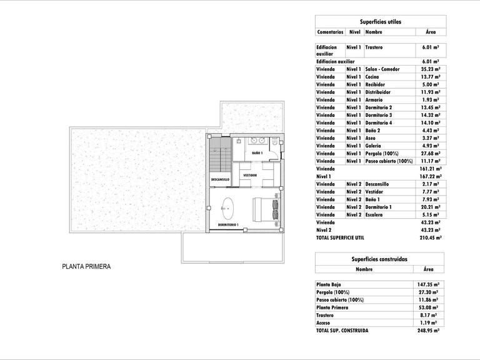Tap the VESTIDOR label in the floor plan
click(251, 175)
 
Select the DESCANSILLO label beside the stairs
click(220, 179)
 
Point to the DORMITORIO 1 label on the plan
click(228, 224)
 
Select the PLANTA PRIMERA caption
click(86, 266)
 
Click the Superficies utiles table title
click(379, 22)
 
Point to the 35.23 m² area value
click(430, 69)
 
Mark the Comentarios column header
click(331, 31)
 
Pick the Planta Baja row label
click(331, 284)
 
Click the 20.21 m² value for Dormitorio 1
click(430, 207)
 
